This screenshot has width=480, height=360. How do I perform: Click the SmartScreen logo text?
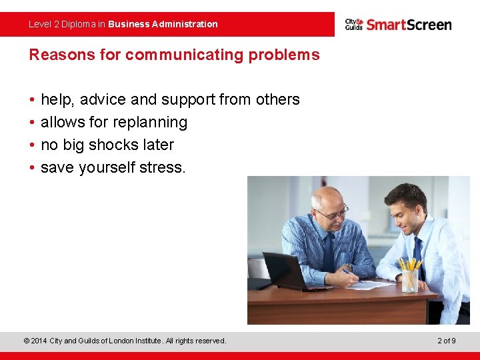coord(409,25)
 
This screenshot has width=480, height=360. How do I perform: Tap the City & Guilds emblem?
coord(353,24)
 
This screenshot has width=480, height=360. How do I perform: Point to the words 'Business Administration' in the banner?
coord(163,24)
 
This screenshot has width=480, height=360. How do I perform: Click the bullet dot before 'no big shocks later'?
coord(32,145)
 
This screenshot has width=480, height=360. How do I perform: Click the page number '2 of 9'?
coord(447,341)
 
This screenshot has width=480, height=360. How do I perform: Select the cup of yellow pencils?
coord(410,275)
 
